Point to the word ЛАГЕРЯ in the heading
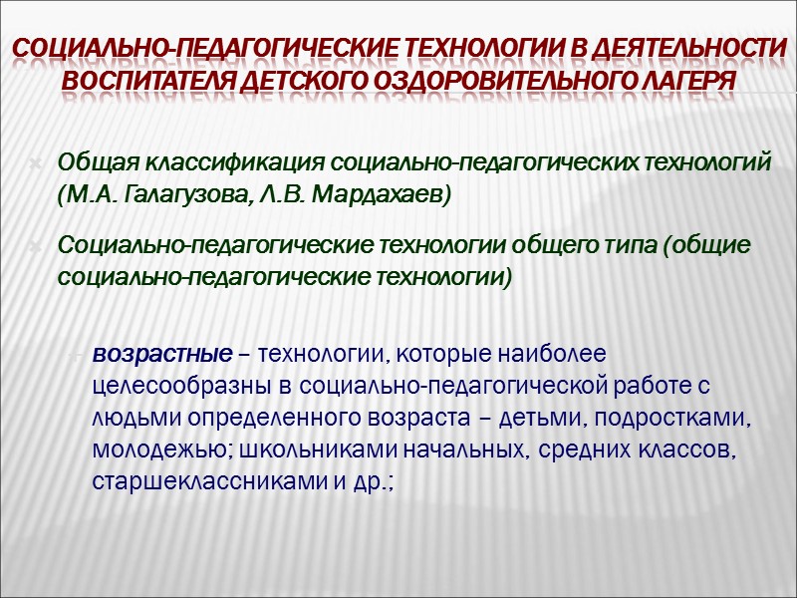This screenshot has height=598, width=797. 684,79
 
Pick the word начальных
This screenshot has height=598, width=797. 448,448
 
